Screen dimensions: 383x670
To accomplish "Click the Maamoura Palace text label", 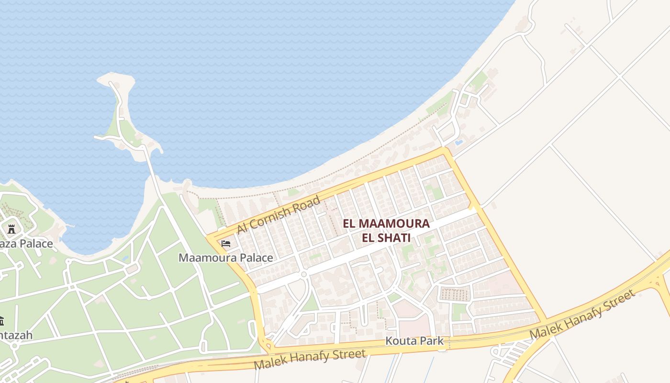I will pos(226,258).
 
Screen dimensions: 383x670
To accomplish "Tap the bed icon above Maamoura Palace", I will pos(226,244).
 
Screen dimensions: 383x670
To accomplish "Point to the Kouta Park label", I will pos(414,341).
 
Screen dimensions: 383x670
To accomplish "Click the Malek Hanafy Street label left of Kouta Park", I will pos(310,359).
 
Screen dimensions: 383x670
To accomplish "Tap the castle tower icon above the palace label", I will pos(11,229).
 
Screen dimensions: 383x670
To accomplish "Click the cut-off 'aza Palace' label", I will pos(26,244).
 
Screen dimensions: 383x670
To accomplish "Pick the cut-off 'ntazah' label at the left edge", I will pos(16,335).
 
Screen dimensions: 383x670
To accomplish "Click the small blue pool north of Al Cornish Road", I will pos(459,142).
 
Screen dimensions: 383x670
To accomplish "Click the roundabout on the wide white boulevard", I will pos(303,274).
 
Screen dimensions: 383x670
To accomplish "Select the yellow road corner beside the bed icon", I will pos(210,237).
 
